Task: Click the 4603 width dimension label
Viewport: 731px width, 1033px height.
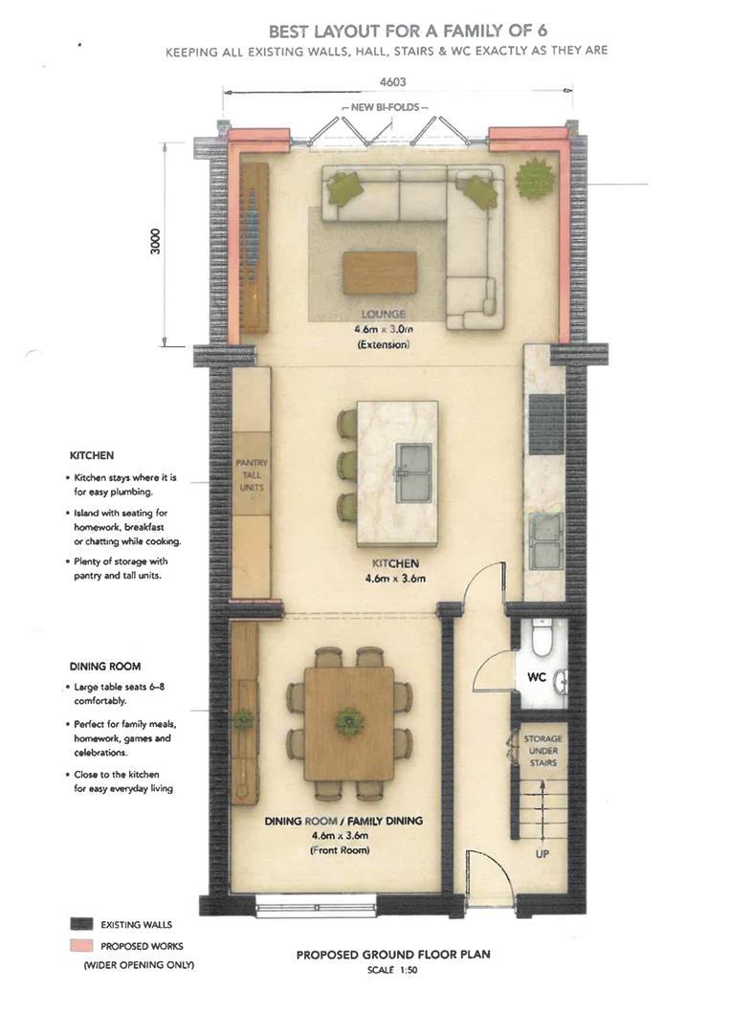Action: (x=392, y=82)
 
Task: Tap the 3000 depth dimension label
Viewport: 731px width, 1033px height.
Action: (x=156, y=242)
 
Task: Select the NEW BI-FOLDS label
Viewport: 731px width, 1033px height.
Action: (x=385, y=107)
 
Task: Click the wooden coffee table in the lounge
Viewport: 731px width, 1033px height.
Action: (x=380, y=273)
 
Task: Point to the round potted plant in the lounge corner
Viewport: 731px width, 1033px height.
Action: (x=536, y=177)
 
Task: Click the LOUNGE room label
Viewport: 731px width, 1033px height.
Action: (x=383, y=315)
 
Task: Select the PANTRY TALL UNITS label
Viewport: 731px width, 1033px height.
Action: (x=252, y=475)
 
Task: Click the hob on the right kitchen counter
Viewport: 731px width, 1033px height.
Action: (x=547, y=425)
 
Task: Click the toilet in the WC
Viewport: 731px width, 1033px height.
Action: (x=543, y=637)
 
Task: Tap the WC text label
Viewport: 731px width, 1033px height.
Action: (x=537, y=676)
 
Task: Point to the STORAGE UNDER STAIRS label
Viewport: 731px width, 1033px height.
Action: (x=543, y=751)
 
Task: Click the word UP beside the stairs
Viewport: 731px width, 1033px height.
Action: (x=543, y=854)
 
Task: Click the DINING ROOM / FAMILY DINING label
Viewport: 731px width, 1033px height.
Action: (x=343, y=821)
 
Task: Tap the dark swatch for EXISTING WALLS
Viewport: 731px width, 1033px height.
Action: (x=81, y=924)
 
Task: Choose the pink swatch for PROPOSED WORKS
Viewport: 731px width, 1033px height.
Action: (x=81, y=945)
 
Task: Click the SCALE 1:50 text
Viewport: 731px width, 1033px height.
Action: (x=392, y=970)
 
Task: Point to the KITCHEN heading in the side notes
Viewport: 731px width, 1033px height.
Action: (x=92, y=455)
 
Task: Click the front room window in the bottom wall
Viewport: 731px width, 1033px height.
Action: (x=316, y=903)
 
